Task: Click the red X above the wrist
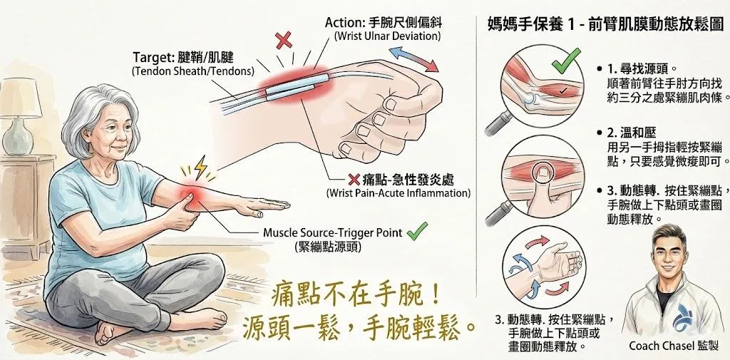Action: tap(284, 40)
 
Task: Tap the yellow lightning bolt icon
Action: tap(200, 168)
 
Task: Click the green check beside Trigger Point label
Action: tap(416, 231)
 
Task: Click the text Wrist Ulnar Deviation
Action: tap(387, 36)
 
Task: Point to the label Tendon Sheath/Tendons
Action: tap(192, 72)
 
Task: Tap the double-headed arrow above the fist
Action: tap(414, 59)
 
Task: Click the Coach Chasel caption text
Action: tap(674, 346)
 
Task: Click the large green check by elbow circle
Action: tap(566, 61)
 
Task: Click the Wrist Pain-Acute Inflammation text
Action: tap(398, 192)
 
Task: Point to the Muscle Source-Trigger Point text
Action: tap(332, 232)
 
